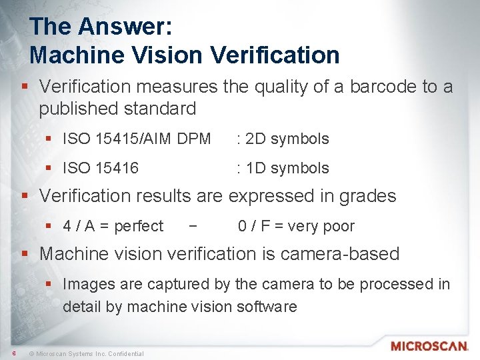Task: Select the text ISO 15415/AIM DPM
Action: pyautogui.click(x=137, y=139)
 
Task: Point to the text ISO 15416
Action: pyautogui.click(x=101, y=168)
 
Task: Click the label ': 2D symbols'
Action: pyautogui.click(x=283, y=139)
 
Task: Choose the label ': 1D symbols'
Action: pyautogui.click(x=283, y=168)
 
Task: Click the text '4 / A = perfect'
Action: pyautogui.click(x=113, y=227)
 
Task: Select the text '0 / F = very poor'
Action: pyautogui.click(x=296, y=227)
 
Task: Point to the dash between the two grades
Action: pyautogui.click(x=193, y=227)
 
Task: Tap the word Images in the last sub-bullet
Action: pyautogui.click(x=87, y=285)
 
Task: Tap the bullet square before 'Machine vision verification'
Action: pyautogui.click(x=25, y=255)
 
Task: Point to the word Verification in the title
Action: pyautogui.click(x=276, y=55)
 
